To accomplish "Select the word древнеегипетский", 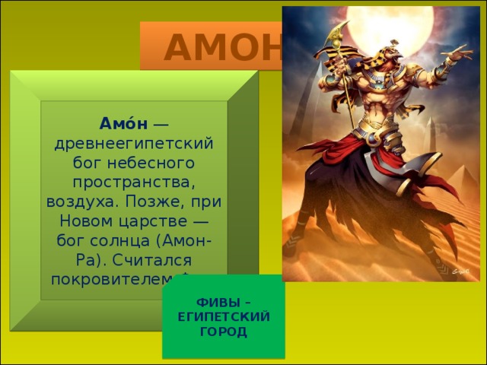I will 134,143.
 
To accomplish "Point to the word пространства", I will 134,182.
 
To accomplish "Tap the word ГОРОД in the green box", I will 224,332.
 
